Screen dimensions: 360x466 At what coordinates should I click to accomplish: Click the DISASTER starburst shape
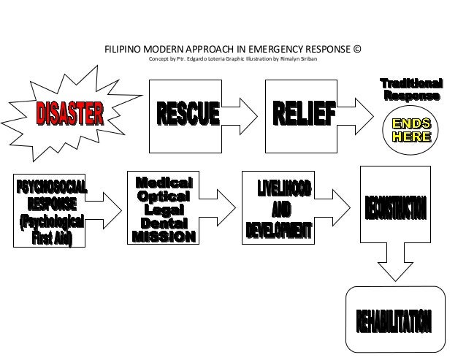pos(70,113)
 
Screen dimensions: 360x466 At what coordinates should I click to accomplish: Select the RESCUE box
pos(186,115)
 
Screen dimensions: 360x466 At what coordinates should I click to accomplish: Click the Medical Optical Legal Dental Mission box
pos(164,209)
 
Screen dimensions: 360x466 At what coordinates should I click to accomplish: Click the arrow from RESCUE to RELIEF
pos(240,114)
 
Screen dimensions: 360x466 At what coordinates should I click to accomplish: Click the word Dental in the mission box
pos(164,223)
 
